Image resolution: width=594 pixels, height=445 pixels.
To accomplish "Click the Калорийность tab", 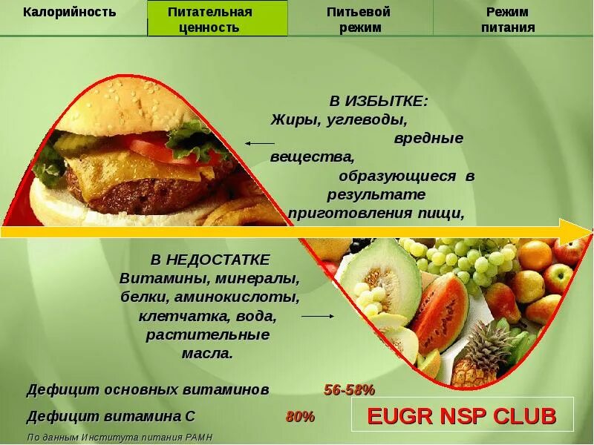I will click(x=69, y=12).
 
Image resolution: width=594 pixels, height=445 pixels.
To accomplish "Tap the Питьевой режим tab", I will click(x=359, y=19).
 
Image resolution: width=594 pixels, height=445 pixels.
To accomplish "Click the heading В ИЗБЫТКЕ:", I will click(x=378, y=101).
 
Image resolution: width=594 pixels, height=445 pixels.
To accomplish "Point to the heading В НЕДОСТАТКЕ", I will click(x=210, y=260).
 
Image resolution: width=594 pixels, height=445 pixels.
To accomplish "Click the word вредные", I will click(x=428, y=138).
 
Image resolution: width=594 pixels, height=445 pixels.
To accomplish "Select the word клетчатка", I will click(x=185, y=317).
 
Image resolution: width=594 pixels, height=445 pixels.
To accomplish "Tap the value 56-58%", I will click(x=349, y=390).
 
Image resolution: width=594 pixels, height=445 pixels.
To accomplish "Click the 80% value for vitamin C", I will click(x=300, y=417).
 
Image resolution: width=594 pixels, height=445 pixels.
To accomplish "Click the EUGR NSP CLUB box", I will click(x=462, y=416).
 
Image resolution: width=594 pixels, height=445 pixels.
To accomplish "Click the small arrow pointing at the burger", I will click(x=259, y=143).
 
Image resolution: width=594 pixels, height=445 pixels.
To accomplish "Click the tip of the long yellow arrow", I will click(x=587, y=231).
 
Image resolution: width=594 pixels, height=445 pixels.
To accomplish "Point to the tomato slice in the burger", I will click(x=160, y=145).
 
